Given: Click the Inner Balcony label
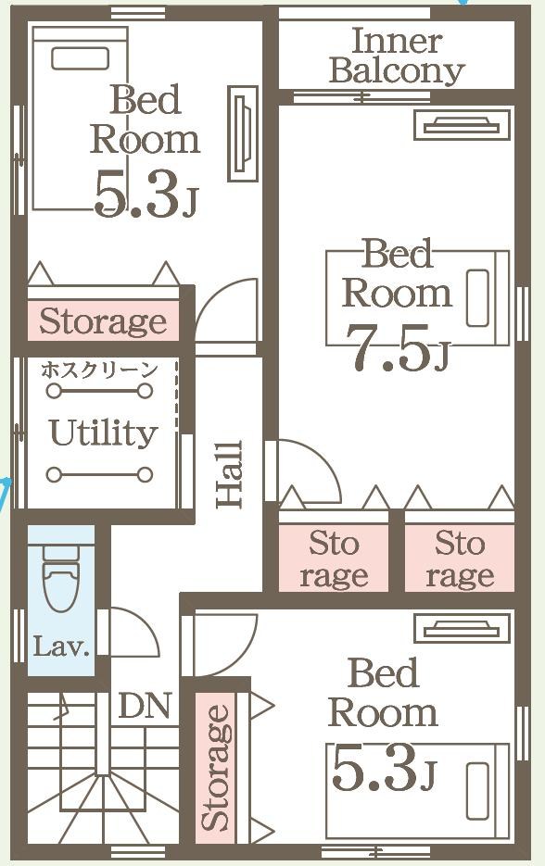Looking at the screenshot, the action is pyautogui.click(x=397, y=56).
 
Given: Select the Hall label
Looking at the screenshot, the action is pyautogui.click(x=230, y=474).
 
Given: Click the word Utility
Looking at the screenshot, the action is pyautogui.click(x=104, y=433).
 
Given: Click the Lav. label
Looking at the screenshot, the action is pyautogui.click(x=61, y=646).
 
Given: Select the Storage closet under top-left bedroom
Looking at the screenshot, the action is pyautogui.click(x=104, y=320).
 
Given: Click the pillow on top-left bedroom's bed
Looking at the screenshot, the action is pyautogui.click(x=80, y=58).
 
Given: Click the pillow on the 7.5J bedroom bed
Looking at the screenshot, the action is pyautogui.click(x=477, y=298).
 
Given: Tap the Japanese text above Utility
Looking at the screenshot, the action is pyautogui.click(x=100, y=370).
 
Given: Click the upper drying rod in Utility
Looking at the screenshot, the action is pyautogui.click(x=99, y=391).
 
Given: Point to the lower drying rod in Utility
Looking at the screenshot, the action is pyautogui.click(x=99, y=474).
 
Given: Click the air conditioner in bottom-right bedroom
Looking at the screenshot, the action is pyautogui.click(x=463, y=628).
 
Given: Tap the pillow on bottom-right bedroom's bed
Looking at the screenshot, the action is pyautogui.click(x=477, y=791).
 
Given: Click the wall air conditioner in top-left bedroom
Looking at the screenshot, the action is pyautogui.click(x=243, y=134).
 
